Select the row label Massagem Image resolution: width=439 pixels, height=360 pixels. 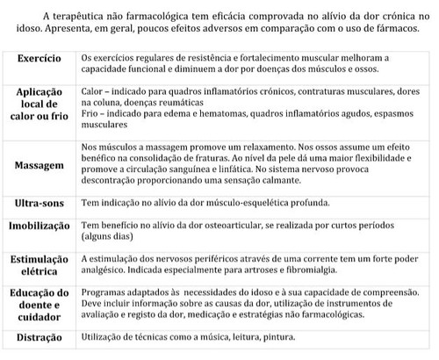pos(38,164)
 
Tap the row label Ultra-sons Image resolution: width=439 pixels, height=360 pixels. pos(38,203)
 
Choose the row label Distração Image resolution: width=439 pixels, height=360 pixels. pos(38,336)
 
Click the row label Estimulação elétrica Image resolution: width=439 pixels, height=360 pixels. pos(38,265)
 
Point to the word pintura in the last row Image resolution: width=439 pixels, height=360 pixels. pos(268,336)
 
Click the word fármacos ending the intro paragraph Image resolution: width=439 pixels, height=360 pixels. pos(406,28)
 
